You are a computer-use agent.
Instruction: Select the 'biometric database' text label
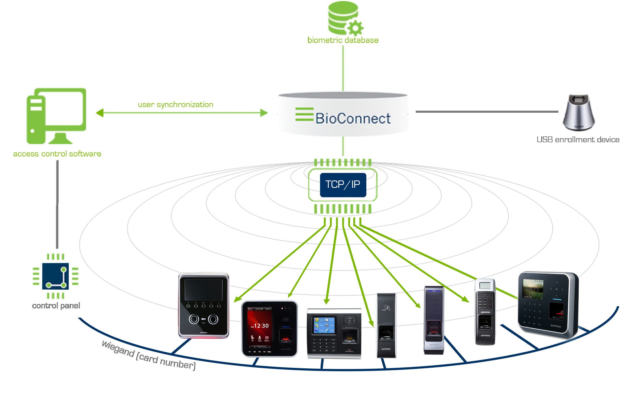coord(343,40)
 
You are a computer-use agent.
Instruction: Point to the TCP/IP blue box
coord(343,185)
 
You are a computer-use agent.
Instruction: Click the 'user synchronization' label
coord(176,104)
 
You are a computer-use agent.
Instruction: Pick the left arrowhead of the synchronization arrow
coord(100,113)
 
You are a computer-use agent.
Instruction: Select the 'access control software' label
coord(57,154)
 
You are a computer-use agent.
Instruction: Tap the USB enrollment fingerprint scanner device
coord(579,112)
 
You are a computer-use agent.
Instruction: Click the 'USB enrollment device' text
coord(578,140)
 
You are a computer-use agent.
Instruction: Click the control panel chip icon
coord(55,276)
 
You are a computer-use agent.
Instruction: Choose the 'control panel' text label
coord(56,306)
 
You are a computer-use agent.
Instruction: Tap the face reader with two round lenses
coord(203,305)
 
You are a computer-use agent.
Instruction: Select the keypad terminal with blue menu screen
coord(334,334)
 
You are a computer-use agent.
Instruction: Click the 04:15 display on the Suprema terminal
coord(533,289)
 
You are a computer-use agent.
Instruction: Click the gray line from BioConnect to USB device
coord(487,112)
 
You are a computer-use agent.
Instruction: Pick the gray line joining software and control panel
coord(57,204)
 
